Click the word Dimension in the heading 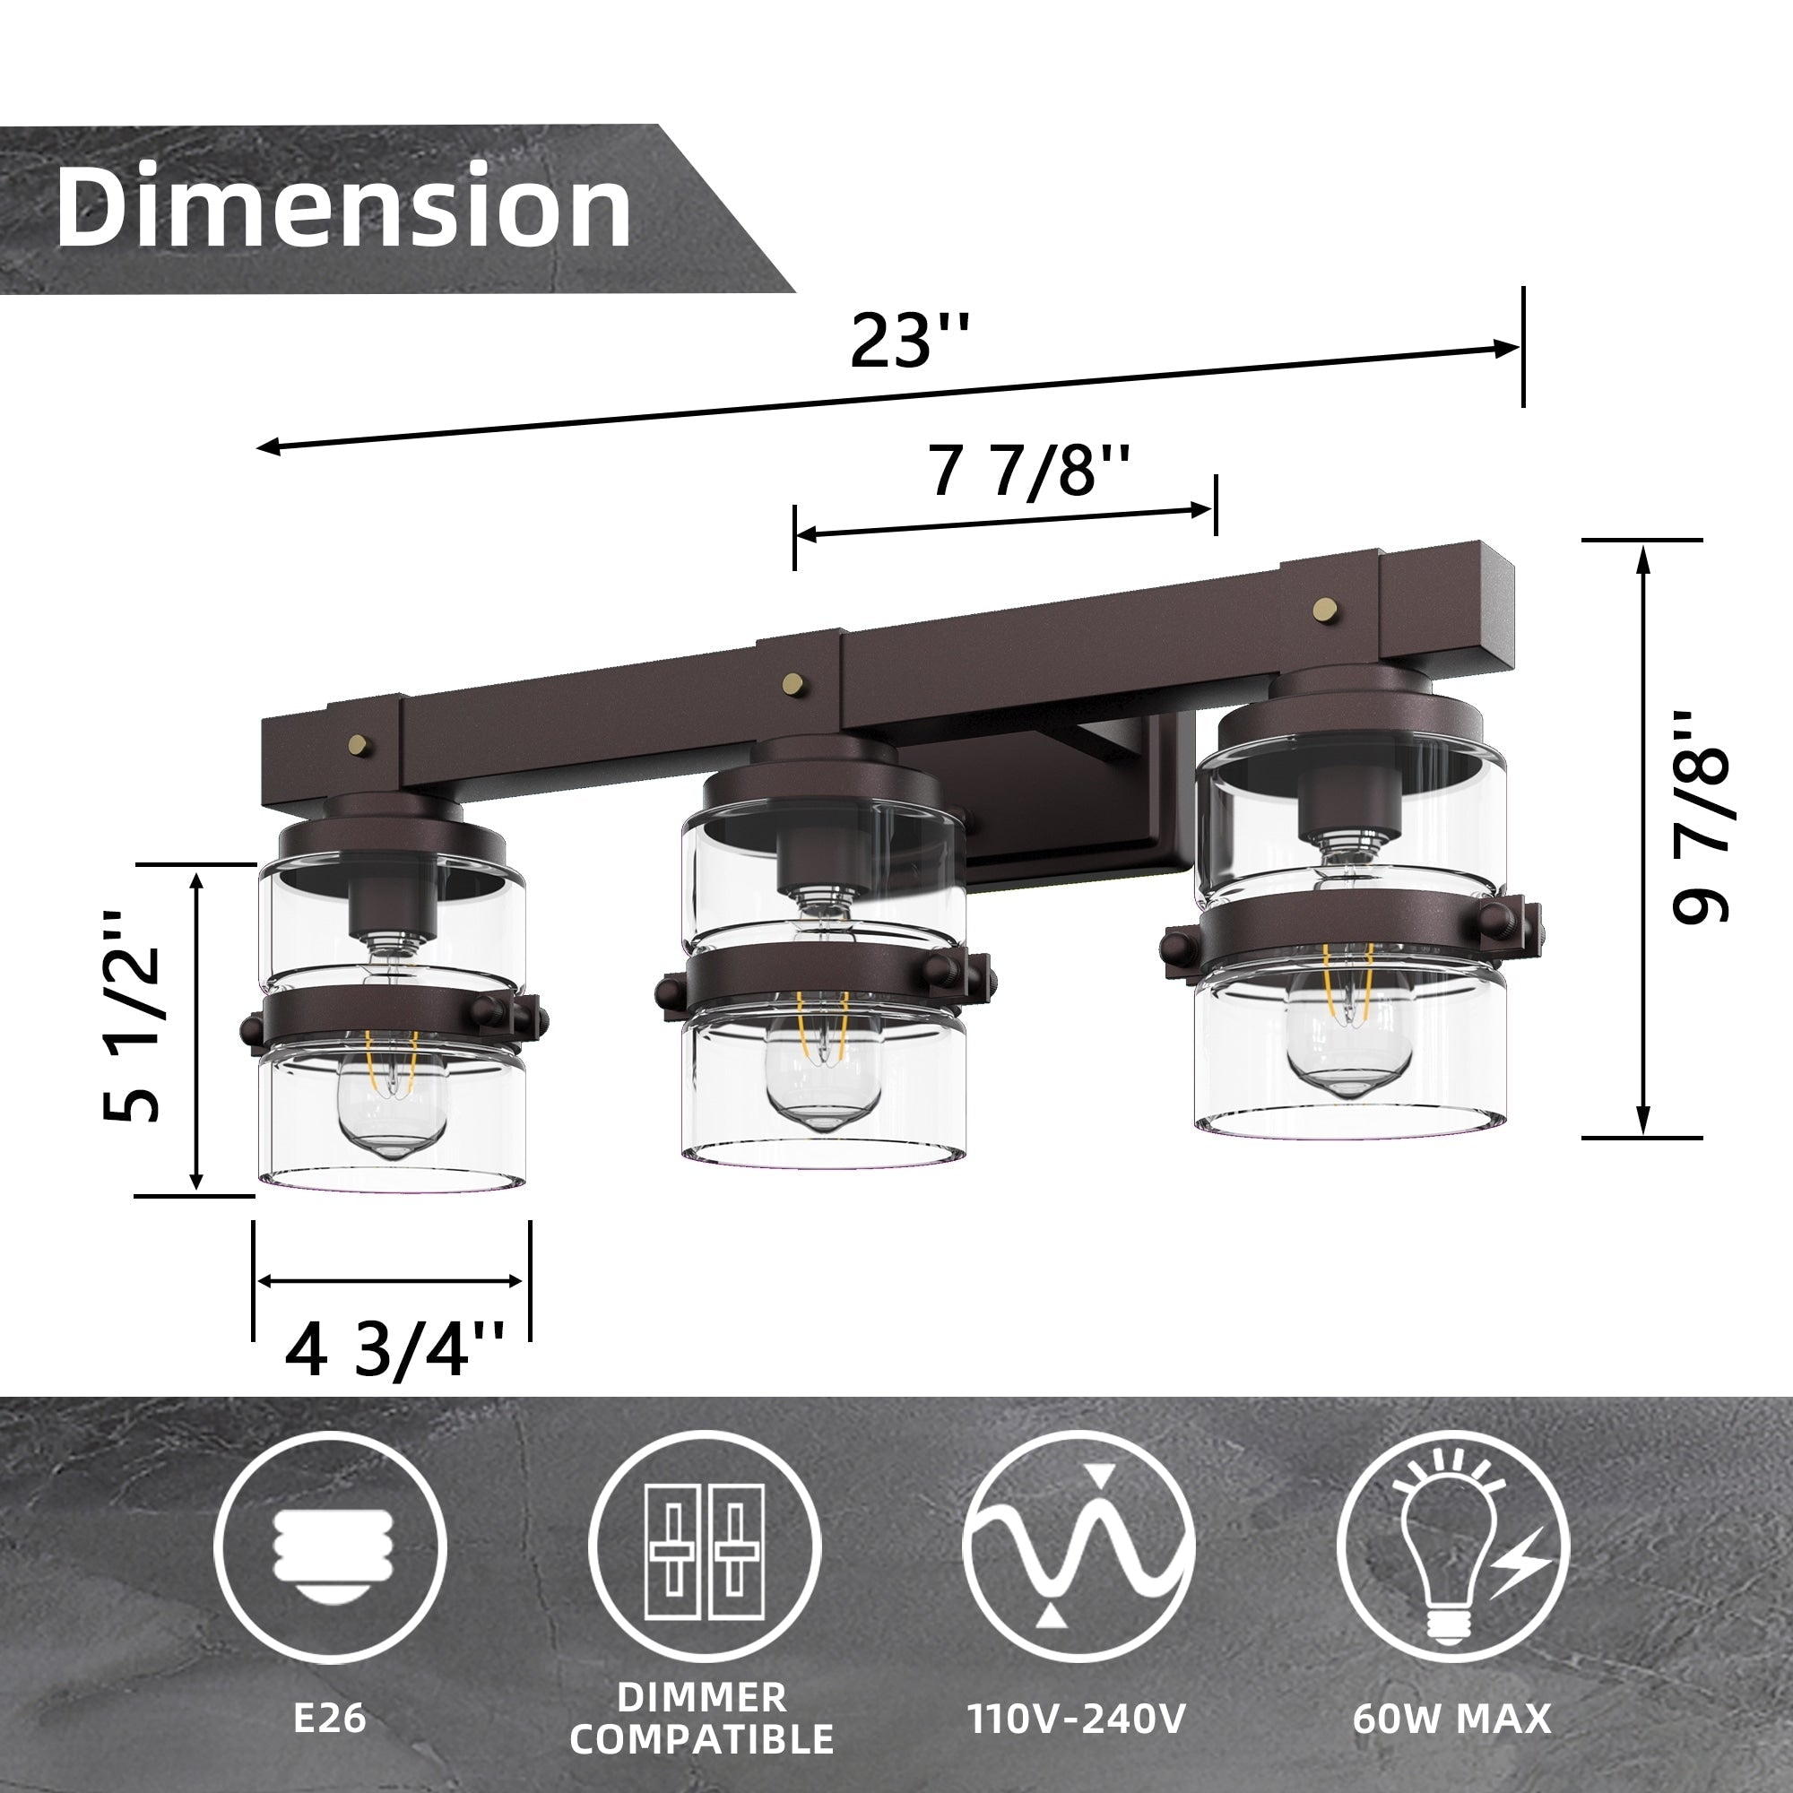point(343,206)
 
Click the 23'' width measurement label point(909,342)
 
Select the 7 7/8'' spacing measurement point(1029,472)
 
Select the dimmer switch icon point(705,1547)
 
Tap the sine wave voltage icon point(1078,1547)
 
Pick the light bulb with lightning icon point(1453,1547)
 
